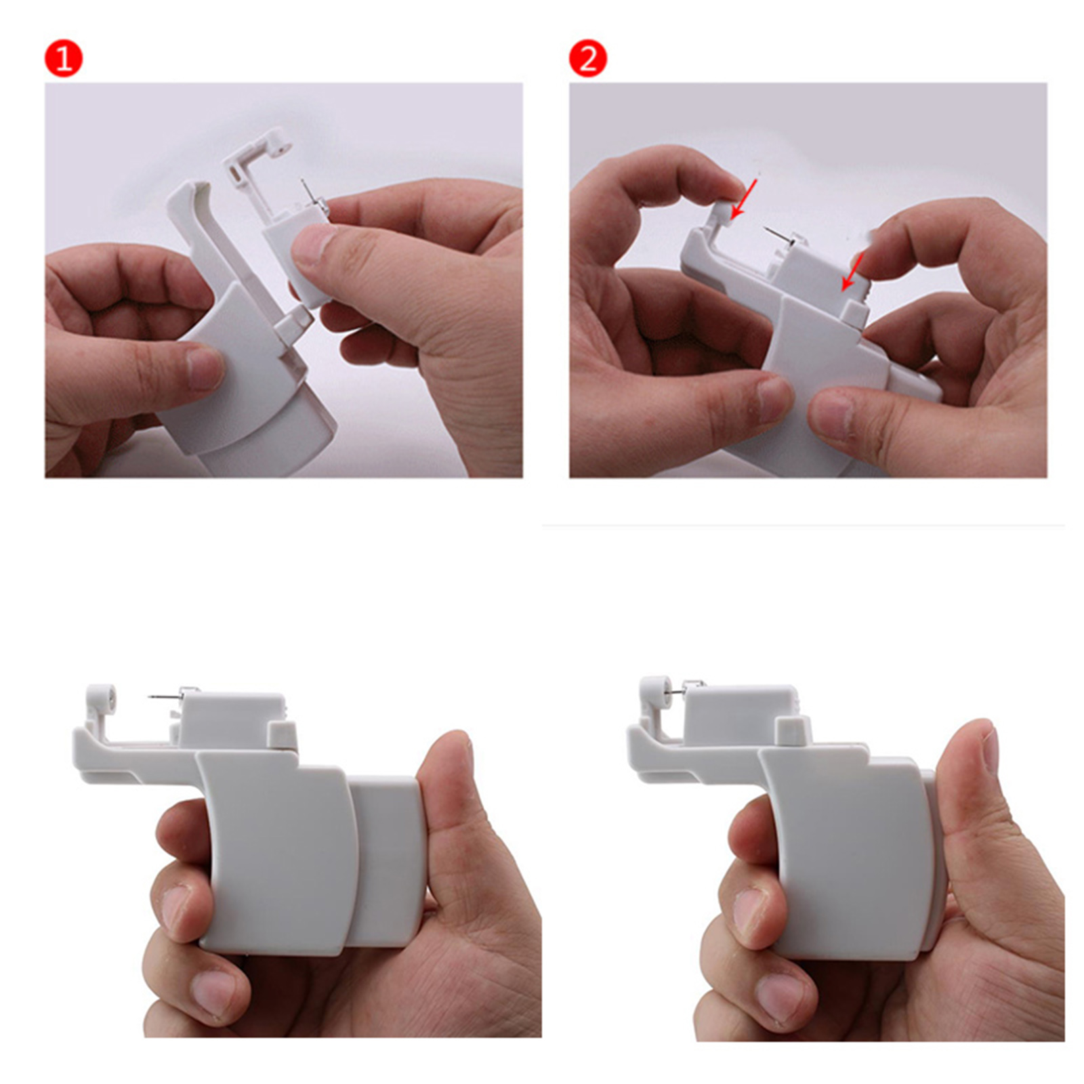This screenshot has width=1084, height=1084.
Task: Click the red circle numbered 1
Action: [63, 59]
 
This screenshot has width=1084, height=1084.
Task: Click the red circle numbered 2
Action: [587, 59]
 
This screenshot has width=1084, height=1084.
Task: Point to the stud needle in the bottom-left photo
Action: [167, 695]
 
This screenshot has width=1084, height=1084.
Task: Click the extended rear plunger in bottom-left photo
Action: [387, 860]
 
